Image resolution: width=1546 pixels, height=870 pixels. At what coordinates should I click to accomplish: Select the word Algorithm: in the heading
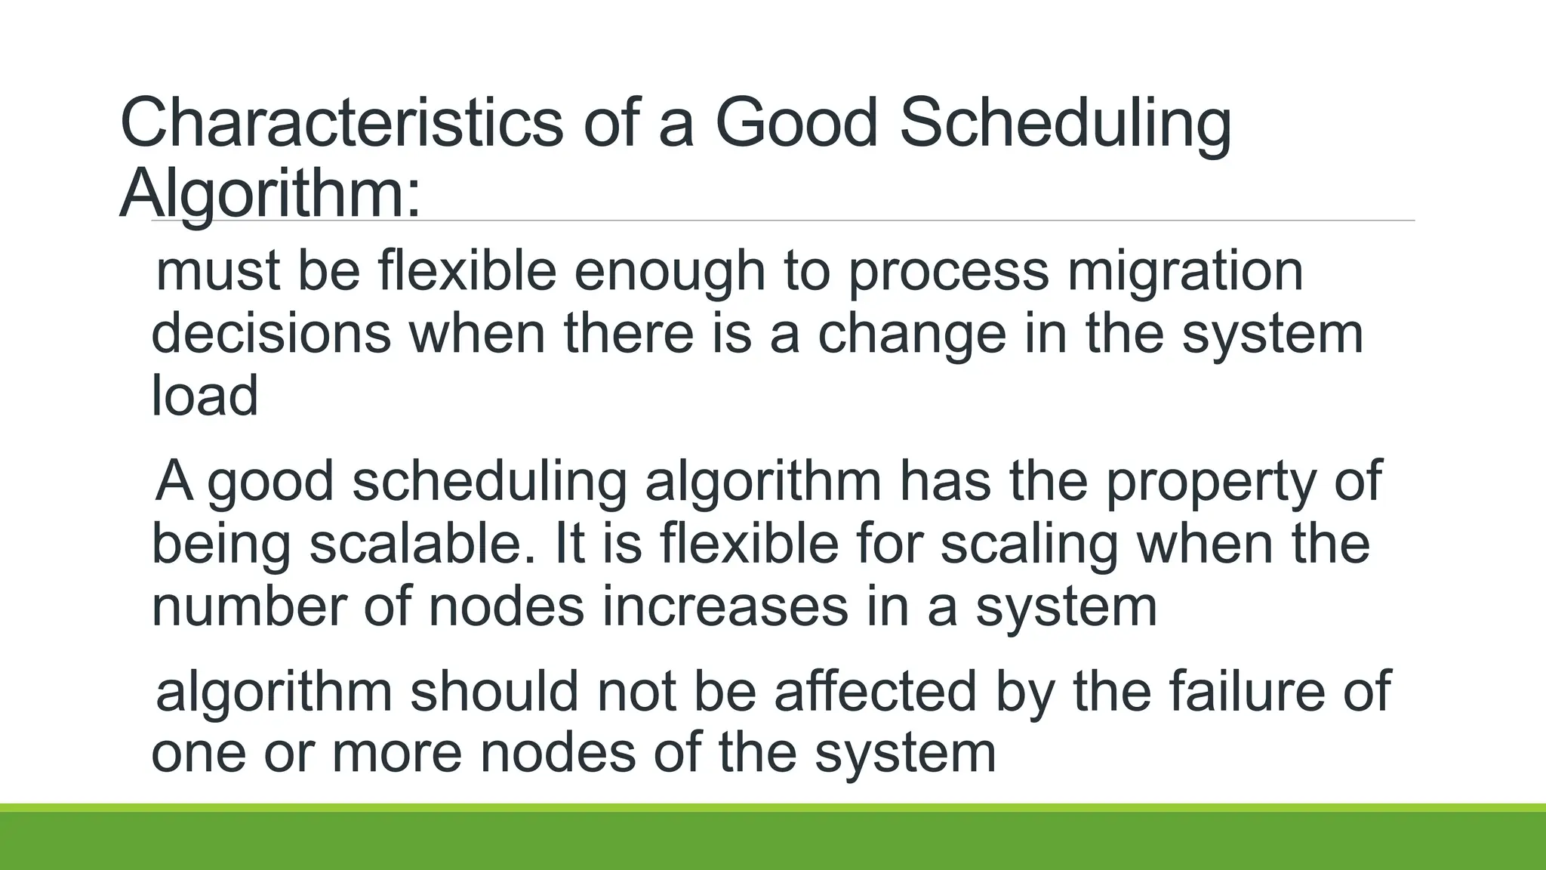click(x=269, y=195)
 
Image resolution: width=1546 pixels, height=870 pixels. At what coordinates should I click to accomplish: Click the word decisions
click(x=271, y=334)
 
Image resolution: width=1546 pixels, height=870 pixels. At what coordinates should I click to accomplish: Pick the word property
click(x=1210, y=482)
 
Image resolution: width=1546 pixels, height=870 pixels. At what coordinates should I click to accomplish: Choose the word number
click(x=248, y=606)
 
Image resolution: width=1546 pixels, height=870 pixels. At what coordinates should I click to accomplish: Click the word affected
click(x=876, y=690)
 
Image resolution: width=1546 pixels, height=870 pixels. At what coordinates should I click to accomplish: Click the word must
click(x=218, y=272)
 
